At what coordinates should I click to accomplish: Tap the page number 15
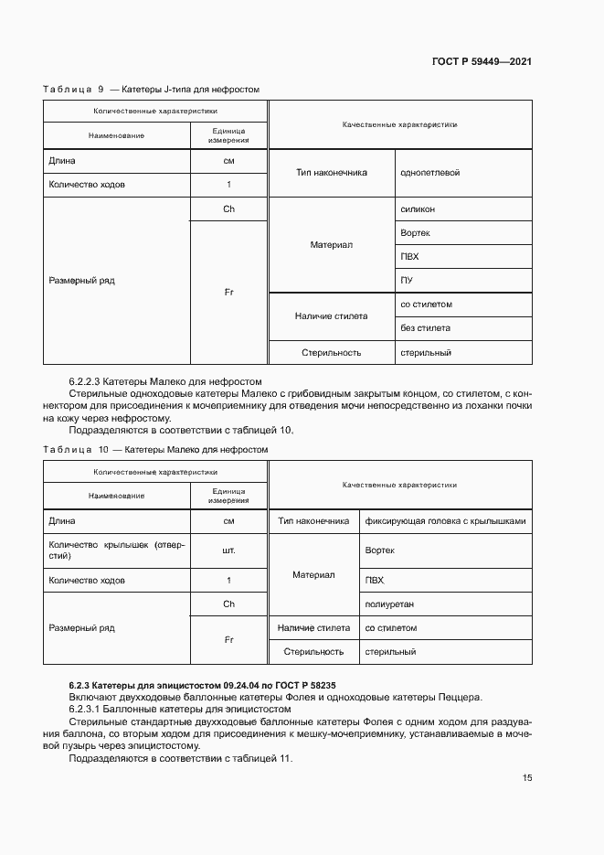527,778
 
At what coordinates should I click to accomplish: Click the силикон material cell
418,208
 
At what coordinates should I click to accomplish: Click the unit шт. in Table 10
228,550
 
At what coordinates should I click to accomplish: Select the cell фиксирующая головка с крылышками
445,521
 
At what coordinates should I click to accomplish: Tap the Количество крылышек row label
116,550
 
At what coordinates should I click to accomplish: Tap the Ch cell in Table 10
228,604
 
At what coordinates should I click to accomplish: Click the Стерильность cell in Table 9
332,352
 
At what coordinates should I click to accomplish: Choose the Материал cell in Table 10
313,575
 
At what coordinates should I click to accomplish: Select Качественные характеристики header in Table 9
399,124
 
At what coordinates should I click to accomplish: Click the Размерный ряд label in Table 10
81,628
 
